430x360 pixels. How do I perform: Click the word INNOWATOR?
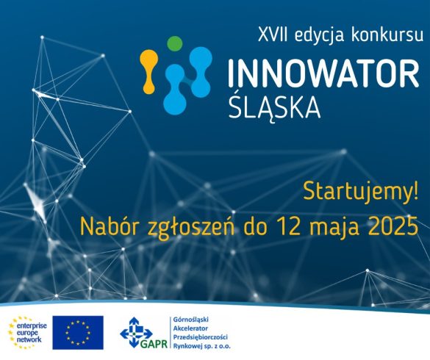(x=323, y=73)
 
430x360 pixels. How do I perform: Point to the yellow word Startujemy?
(x=361, y=192)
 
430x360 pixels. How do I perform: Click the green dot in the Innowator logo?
(x=174, y=43)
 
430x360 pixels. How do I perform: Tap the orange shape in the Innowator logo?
(x=149, y=72)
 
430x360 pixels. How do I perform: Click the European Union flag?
(x=78, y=333)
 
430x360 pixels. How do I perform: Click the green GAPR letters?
(x=154, y=344)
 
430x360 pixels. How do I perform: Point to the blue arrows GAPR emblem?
(x=136, y=332)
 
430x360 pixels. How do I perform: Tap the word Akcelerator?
(x=190, y=328)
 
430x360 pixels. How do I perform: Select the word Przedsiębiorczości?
(x=200, y=337)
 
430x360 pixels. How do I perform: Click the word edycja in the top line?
(x=319, y=36)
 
